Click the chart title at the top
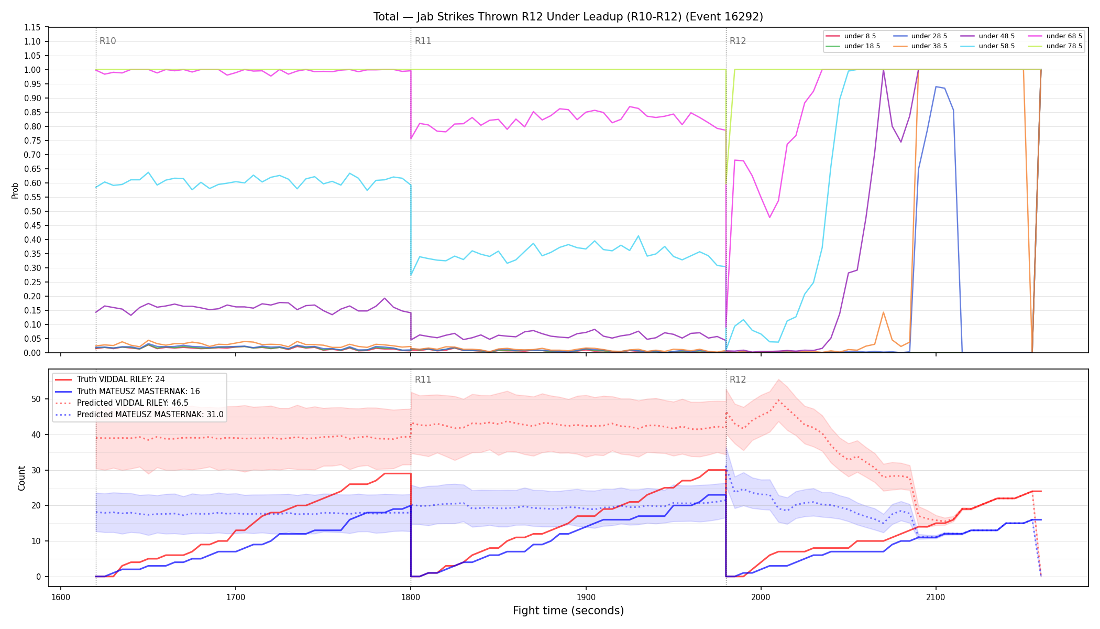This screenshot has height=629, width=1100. (x=568, y=17)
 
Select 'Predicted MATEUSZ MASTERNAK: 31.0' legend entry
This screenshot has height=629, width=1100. (x=139, y=415)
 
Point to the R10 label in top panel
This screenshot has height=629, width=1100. (x=107, y=41)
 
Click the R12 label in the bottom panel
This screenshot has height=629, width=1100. (x=738, y=380)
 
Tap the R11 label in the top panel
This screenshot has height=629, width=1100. (x=423, y=41)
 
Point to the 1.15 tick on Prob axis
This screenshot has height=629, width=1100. (x=32, y=28)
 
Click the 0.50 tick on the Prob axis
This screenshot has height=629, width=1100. (x=32, y=212)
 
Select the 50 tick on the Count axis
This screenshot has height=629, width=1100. (x=36, y=399)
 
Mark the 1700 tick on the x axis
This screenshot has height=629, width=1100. (x=236, y=597)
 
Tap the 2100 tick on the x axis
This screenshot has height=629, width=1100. (x=936, y=597)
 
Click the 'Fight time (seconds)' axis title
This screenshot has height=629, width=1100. (x=568, y=611)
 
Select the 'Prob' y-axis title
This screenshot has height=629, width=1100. (x=15, y=190)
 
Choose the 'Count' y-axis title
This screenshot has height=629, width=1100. (x=21, y=478)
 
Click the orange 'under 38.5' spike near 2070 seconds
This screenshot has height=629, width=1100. (x=883, y=313)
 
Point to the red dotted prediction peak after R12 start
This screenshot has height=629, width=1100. (x=779, y=400)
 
